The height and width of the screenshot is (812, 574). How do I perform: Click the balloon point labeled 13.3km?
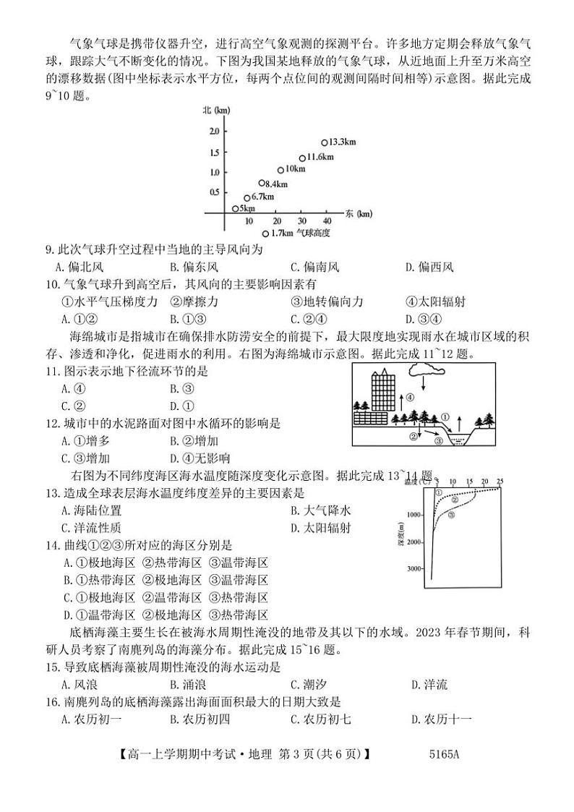click(x=325, y=142)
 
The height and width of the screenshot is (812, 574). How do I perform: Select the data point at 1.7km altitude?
click(x=265, y=233)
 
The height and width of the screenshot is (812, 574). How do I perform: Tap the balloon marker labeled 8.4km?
click(x=262, y=184)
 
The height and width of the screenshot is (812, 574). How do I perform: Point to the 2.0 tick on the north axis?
click(x=213, y=131)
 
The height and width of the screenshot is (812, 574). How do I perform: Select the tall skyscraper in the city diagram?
click(x=382, y=391)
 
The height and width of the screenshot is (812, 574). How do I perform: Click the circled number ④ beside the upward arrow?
click(x=409, y=397)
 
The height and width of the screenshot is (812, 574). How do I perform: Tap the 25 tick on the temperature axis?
click(x=500, y=481)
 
